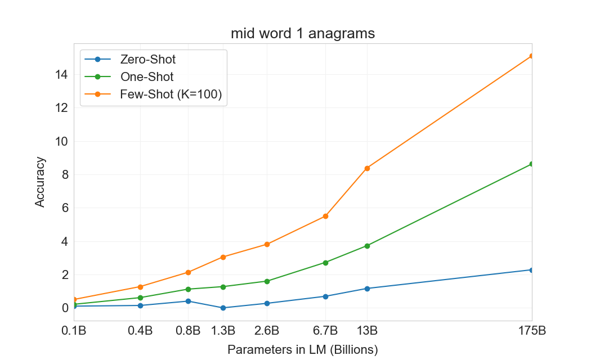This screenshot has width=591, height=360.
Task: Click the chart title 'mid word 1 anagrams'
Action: click(303, 34)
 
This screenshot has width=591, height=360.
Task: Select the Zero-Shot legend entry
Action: click(147, 59)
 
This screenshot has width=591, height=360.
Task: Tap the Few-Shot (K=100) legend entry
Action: click(171, 94)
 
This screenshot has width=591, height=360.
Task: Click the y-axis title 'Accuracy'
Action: click(40, 182)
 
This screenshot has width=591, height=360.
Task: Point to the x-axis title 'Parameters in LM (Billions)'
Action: click(303, 349)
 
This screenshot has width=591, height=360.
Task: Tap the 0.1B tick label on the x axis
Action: click(74, 330)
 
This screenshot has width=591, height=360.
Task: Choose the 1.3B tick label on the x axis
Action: click(223, 330)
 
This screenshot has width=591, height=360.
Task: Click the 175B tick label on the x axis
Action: click(531, 330)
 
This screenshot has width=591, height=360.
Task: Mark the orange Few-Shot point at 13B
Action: click(367, 168)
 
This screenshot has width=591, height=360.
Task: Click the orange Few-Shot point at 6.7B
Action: click(325, 216)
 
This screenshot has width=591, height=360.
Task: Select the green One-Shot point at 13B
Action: click(367, 246)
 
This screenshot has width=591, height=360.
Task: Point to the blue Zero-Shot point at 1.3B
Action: click(223, 308)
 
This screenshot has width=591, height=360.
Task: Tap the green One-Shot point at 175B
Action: click(531, 164)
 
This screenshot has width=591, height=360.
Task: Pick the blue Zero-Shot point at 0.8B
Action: click(188, 301)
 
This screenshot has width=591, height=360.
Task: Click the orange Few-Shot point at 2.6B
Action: click(267, 244)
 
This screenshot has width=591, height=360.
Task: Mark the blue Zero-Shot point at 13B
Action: click(367, 289)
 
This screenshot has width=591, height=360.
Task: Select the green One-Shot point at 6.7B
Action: click(325, 263)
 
